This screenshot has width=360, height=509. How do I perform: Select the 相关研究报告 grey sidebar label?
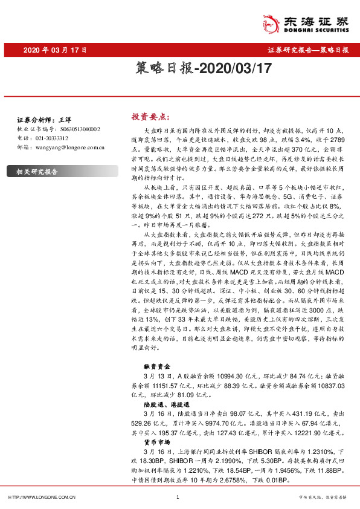(37, 172)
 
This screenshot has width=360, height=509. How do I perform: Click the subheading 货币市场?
(155, 441)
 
